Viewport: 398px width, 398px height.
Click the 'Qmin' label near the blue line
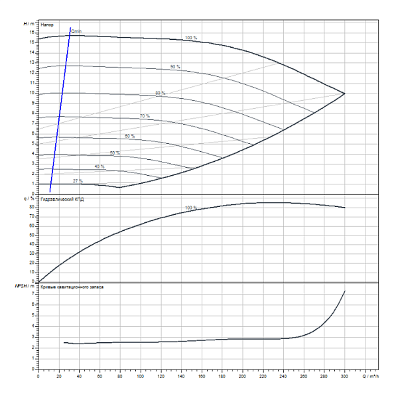point(76,31)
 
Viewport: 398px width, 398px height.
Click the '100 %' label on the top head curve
point(191,38)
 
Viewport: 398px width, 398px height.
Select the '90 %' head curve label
point(175,67)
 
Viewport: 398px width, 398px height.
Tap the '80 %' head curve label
point(160,93)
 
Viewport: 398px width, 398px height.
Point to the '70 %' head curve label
point(145,116)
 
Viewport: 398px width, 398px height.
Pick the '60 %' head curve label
point(129,136)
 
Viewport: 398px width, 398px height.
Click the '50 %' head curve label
point(115,153)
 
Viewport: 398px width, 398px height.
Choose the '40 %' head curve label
point(99,166)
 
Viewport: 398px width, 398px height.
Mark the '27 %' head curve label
point(78,180)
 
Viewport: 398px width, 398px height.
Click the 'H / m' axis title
point(29,24)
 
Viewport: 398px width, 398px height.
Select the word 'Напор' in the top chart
point(47,25)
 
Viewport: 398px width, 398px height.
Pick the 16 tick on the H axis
point(32,31)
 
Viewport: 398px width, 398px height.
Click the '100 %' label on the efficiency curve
point(191,208)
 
